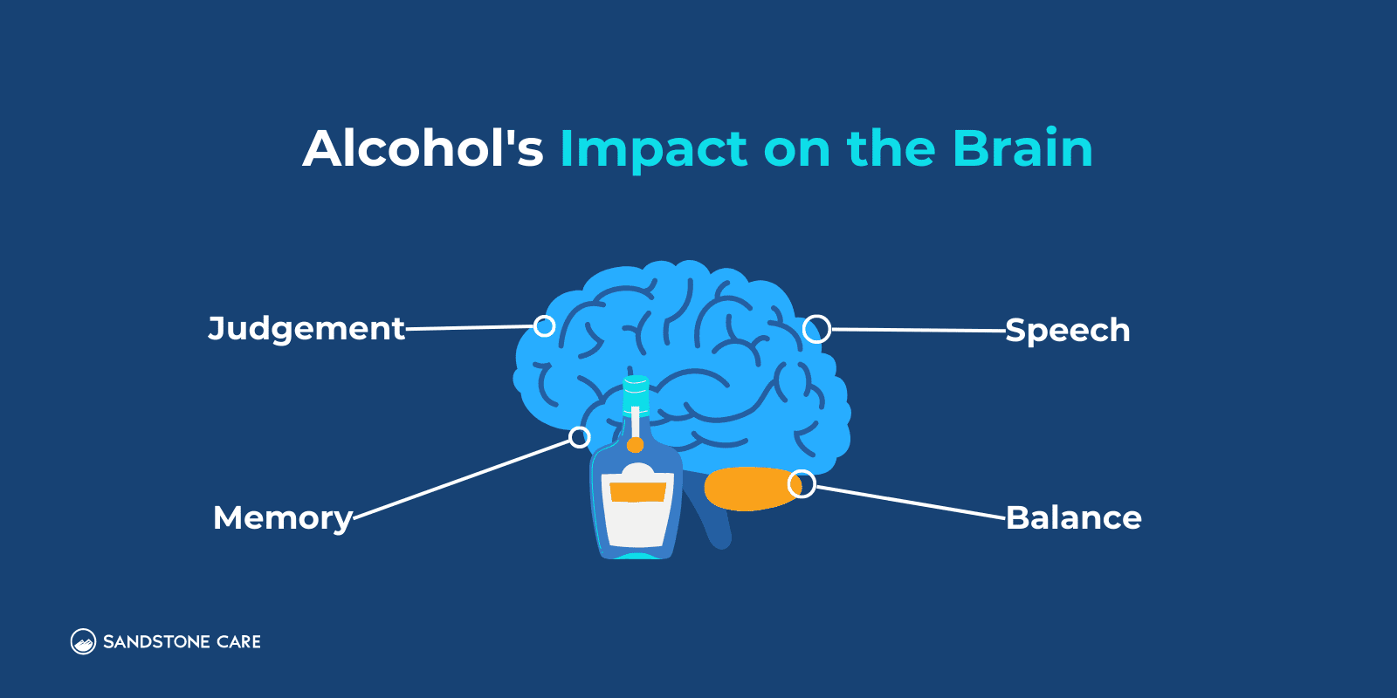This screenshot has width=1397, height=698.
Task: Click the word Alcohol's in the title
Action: (x=423, y=148)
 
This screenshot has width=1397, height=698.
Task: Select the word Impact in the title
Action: (x=653, y=150)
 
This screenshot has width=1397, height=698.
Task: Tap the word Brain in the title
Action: (x=1022, y=148)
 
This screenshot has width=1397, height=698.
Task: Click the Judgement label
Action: (x=306, y=329)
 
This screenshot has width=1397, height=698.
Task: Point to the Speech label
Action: (x=1067, y=331)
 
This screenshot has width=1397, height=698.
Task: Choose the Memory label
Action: (x=283, y=518)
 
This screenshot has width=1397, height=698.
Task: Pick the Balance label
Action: (x=1074, y=518)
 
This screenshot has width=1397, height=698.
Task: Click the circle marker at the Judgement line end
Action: (x=544, y=326)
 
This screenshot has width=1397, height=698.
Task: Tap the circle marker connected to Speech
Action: (x=816, y=329)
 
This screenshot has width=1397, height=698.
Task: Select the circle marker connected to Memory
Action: (x=580, y=437)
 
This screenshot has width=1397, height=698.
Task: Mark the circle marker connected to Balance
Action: (x=802, y=483)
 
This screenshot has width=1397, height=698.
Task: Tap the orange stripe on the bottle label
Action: (x=638, y=492)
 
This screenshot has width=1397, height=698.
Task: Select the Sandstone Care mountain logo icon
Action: (x=83, y=642)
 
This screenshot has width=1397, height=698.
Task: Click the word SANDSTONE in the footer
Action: (x=156, y=642)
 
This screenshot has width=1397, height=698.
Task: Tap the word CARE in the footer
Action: (x=238, y=642)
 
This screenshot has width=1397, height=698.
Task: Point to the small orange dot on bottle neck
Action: (x=636, y=445)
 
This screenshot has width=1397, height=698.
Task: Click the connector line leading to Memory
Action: (x=463, y=478)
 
